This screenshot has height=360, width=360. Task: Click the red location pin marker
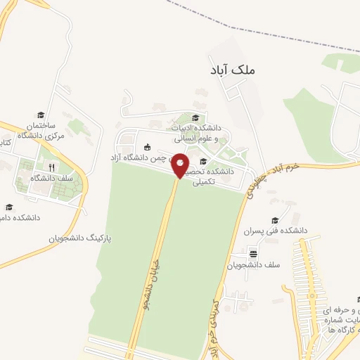(181, 165)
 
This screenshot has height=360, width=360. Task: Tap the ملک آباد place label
(233, 70)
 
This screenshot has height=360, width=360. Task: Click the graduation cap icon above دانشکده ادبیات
(195, 117)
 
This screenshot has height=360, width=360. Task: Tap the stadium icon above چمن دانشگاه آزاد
(146, 147)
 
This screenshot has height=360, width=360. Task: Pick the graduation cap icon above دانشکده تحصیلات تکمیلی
(203, 162)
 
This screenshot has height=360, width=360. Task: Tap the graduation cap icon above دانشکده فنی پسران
(274, 220)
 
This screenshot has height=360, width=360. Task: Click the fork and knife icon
(51, 167)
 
